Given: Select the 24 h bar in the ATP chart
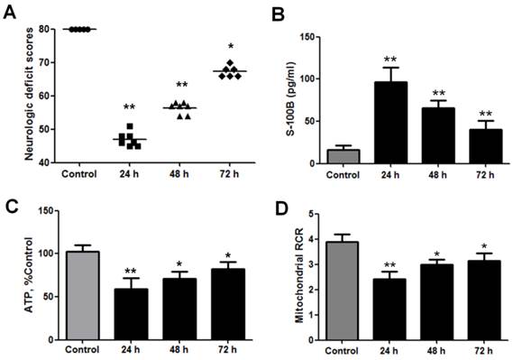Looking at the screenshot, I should coord(132,312).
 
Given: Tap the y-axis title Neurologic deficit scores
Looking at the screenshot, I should coord(30,94).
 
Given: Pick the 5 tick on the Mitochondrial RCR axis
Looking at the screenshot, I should coord(311,215).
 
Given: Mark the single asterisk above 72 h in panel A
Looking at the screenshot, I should coord(233,46).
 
